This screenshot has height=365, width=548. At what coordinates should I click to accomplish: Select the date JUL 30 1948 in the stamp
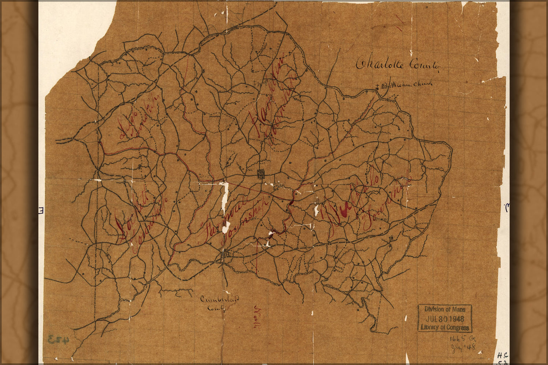(445, 318)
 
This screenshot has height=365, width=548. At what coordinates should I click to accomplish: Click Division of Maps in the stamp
(445, 309)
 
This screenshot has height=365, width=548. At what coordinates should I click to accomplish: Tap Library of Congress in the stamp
(445, 327)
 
